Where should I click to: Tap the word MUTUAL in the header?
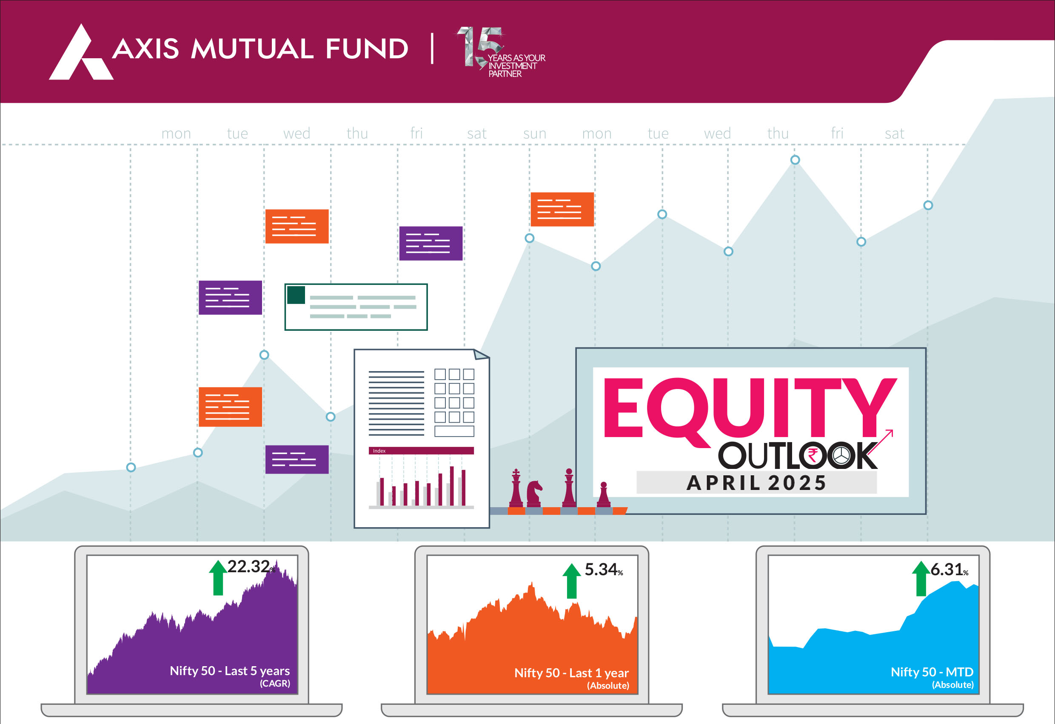click(x=252, y=48)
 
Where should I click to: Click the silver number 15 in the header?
click(x=480, y=47)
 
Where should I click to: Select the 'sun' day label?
click(x=534, y=133)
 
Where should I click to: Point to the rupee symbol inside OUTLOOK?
click(x=813, y=455)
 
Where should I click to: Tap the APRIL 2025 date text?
click(x=756, y=483)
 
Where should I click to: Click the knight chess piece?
click(x=534, y=494)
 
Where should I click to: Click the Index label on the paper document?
click(x=379, y=451)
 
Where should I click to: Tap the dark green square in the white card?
click(x=296, y=295)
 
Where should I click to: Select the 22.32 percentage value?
click(x=248, y=567)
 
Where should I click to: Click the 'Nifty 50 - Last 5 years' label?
click(x=230, y=671)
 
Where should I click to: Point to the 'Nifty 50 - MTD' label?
click(x=932, y=672)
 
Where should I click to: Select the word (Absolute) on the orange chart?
click(x=608, y=685)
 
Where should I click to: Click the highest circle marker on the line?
click(x=795, y=160)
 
